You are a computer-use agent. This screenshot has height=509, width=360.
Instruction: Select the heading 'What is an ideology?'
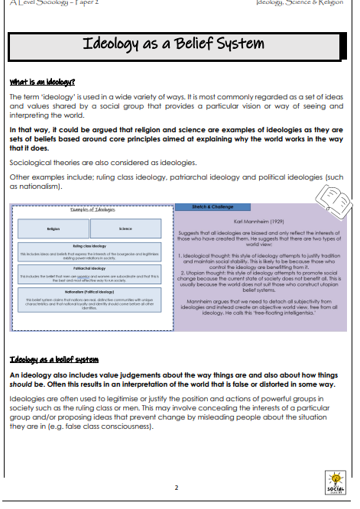(41, 81)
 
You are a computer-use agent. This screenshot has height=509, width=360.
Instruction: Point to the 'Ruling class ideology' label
(89, 246)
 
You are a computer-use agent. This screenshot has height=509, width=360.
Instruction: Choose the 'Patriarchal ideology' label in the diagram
(89, 268)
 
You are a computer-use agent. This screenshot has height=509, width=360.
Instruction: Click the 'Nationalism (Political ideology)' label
(89, 291)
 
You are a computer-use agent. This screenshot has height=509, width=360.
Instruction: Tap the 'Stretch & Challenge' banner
(200, 206)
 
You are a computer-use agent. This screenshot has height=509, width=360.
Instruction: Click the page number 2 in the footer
(176, 487)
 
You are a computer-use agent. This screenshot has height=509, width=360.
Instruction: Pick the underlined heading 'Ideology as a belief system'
(54, 359)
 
